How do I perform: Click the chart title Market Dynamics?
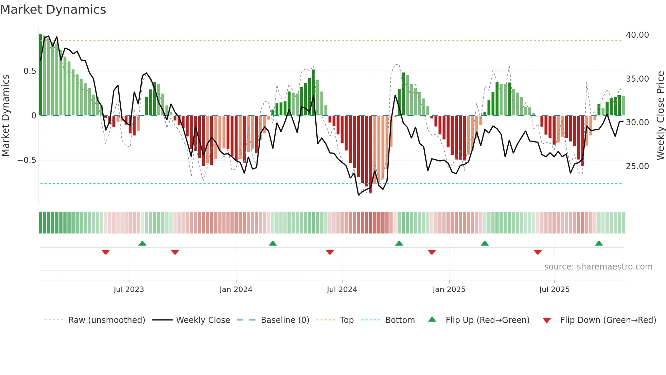tap(53, 10)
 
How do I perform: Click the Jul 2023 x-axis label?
tap(129, 290)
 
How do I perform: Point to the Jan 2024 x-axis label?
tap(236, 290)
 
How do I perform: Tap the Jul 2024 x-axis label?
tap(342, 290)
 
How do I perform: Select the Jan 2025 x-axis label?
tap(449, 290)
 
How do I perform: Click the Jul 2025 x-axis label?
tap(554, 290)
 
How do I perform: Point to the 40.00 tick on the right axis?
tap(637, 35)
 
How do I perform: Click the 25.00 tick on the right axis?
tap(637, 166)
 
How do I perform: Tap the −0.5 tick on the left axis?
tap(27, 160)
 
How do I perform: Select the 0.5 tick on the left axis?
tap(30, 71)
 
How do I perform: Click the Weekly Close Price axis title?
tap(660, 115)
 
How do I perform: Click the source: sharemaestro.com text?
tap(598, 267)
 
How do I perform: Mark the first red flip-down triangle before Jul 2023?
tap(106, 252)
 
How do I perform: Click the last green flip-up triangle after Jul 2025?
tap(599, 243)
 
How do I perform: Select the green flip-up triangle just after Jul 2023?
tap(142, 243)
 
